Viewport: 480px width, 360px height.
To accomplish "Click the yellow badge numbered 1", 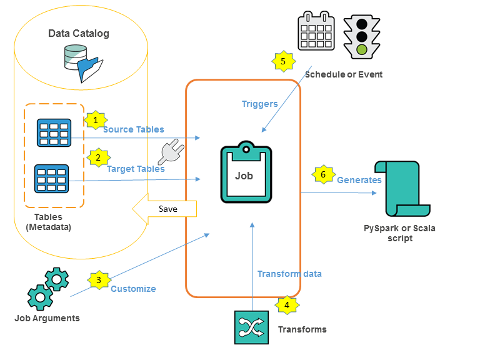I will pos(95,119).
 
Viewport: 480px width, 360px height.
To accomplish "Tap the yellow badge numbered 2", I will pos(97,158).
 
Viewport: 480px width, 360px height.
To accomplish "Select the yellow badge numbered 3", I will pos(98,280).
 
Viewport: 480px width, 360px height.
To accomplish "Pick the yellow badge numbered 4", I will pos(287,305).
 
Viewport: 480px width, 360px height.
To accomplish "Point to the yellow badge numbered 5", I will pos(283,61).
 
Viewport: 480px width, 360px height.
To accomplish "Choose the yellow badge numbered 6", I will pos(322,175).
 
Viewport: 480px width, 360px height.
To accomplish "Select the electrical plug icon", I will pos(169,152).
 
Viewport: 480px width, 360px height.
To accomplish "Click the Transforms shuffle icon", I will pos(251,327).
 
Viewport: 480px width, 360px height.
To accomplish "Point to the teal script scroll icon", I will pos(399,188).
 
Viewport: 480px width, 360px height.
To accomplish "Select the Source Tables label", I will pos(133,129).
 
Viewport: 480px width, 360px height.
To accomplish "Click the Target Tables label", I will pos(136,169).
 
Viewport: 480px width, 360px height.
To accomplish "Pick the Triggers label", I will pos(259,104).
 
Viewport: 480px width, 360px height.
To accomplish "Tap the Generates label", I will pos(359,180).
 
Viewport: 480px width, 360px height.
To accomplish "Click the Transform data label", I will pos(289,274).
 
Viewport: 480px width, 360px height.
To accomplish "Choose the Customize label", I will pos(133,289).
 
